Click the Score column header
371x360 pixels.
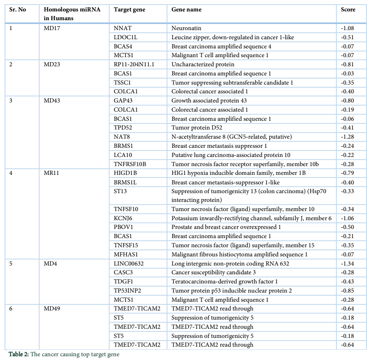(x=348, y=10)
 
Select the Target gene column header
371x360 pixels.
(x=129, y=10)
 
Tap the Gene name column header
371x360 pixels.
(x=186, y=10)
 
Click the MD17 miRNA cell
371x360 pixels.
(x=52, y=28)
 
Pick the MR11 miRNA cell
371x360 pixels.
(x=51, y=173)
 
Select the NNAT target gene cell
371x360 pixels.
(x=123, y=28)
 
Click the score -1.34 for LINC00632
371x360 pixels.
(x=347, y=264)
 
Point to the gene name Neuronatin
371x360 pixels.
(x=186, y=28)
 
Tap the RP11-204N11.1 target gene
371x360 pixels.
(x=134, y=64)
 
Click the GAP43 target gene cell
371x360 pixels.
(x=123, y=101)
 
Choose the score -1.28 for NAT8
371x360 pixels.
(x=347, y=137)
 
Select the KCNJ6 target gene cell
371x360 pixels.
(x=123, y=218)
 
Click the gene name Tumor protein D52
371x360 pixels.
(x=197, y=128)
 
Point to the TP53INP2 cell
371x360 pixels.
(x=127, y=291)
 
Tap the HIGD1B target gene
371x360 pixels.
(x=126, y=173)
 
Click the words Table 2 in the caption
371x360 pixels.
(x=19, y=354)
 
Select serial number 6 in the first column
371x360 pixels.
(x=11, y=309)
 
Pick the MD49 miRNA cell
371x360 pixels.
(x=52, y=309)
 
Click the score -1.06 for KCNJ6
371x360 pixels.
(x=347, y=218)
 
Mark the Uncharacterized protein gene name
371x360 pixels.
(x=203, y=64)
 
